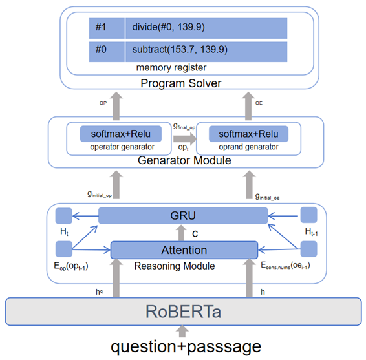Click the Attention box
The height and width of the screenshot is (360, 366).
(x=184, y=249)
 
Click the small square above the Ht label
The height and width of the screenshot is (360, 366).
(x=63, y=215)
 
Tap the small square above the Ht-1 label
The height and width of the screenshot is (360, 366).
(x=308, y=215)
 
